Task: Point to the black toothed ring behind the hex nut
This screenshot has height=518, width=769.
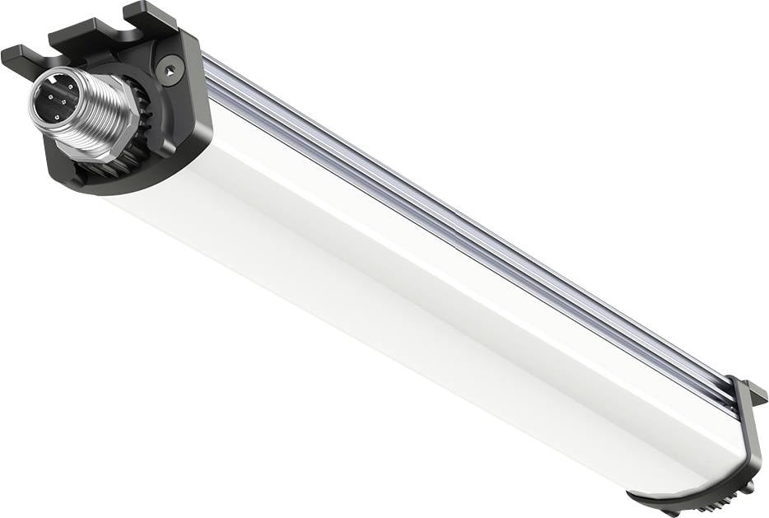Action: [x=145, y=132]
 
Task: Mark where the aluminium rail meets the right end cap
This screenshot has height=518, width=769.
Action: [x=729, y=395]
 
